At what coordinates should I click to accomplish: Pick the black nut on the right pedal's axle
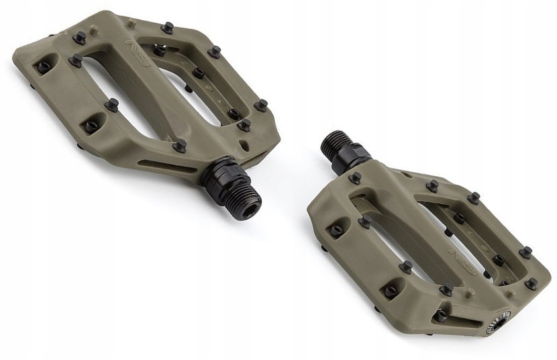coord(353,155)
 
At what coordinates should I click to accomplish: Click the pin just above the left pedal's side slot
coord(179,145)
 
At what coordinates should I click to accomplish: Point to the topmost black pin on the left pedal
coord(167,28)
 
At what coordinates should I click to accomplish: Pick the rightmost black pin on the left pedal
coord(260,105)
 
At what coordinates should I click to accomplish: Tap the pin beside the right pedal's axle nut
coord(355,177)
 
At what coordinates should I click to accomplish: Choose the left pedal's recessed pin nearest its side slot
coord(91,126)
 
